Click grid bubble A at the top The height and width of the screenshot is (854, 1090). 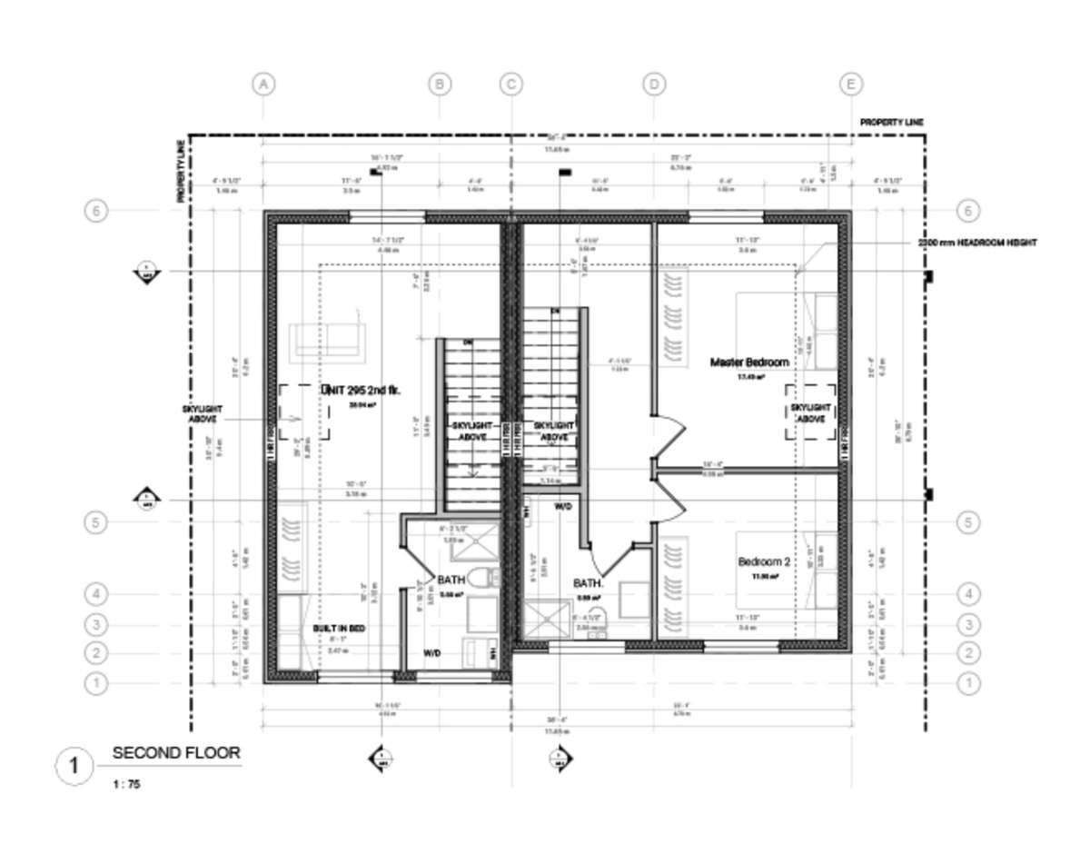(x=263, y=84)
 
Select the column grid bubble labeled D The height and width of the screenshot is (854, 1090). (x=654, y=84)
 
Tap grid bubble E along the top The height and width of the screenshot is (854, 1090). (x=851, y=84)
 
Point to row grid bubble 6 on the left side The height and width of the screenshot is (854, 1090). (x=96, y=211)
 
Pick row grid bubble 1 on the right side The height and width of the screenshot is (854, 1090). (x=968, y=681)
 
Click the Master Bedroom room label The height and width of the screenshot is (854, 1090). (x=748, y=362)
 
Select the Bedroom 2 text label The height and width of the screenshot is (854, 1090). (x=763, y=561)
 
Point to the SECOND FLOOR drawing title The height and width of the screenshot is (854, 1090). (x=176, y=753)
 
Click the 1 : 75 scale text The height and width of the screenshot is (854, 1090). (x=126, y=784)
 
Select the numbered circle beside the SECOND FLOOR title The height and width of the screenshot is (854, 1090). (x=74, y=766)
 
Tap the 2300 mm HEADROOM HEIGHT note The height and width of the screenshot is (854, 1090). (x=976, y=243)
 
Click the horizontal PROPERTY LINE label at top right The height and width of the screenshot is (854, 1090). (x=892, y=122)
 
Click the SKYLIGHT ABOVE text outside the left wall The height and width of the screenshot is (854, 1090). (x=203, y=414)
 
